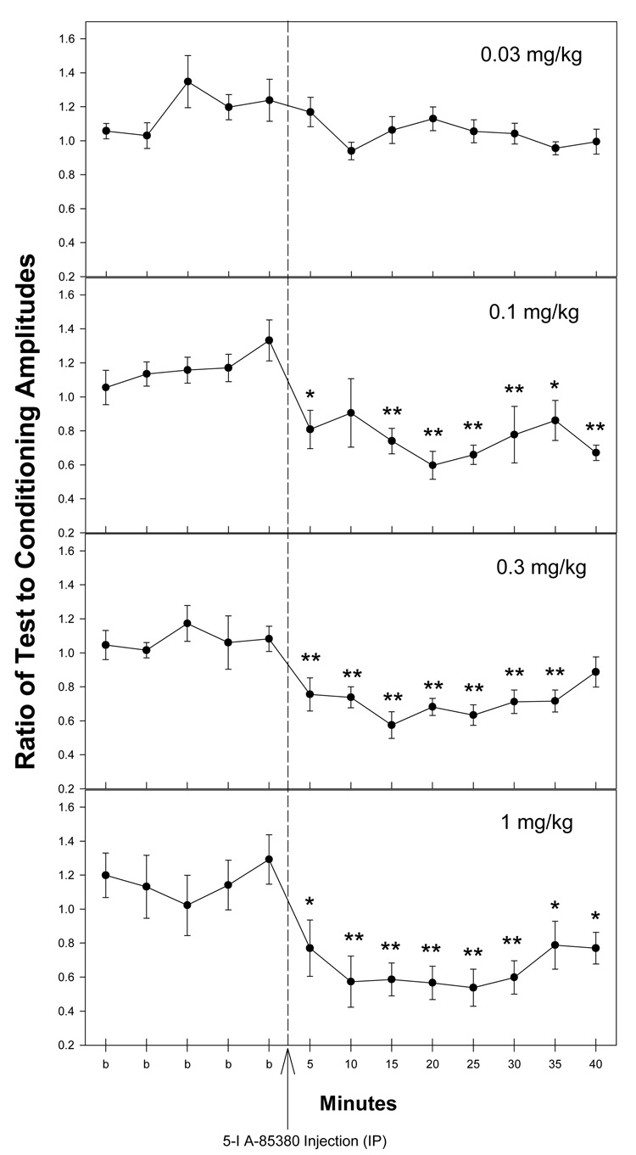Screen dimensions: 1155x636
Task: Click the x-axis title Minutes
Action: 360,1104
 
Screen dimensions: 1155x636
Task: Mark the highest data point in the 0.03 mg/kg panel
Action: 187,81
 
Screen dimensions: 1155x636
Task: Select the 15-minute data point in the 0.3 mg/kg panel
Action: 392,725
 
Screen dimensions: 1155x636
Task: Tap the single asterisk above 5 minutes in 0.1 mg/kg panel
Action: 310,395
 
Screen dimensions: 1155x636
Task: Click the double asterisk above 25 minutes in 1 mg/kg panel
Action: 473,953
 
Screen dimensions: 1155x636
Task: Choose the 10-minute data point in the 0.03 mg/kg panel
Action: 351,151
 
